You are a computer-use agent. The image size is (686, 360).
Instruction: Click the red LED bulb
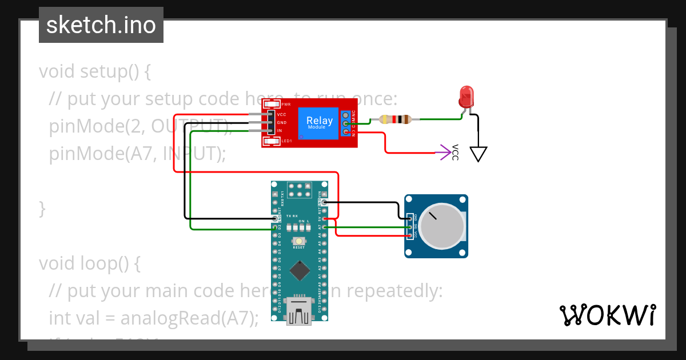click(x=467, y=96)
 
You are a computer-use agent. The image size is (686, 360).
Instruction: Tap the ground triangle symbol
click(x=478, y=154)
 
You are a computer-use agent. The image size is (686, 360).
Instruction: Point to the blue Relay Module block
click(x=319, y=122)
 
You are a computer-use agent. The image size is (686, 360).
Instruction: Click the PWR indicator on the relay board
click(x=272, y=105)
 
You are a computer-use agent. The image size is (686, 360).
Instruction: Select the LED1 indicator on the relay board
click(x=272, y=141)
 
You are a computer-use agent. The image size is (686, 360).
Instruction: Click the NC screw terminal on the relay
click(x=346, y=115)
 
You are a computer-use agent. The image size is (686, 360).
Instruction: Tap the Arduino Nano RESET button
click(x=298, y=242)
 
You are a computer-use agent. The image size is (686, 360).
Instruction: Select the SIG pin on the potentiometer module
click(x=409, y=227)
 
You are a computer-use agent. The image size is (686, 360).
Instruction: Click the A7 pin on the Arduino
click(x=325, y=227)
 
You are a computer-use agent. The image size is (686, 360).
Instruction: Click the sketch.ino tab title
click(x=101, y=25)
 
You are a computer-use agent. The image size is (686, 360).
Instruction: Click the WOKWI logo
click(x=607, y=315)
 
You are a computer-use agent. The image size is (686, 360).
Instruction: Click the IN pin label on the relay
click(x=280, y=131)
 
